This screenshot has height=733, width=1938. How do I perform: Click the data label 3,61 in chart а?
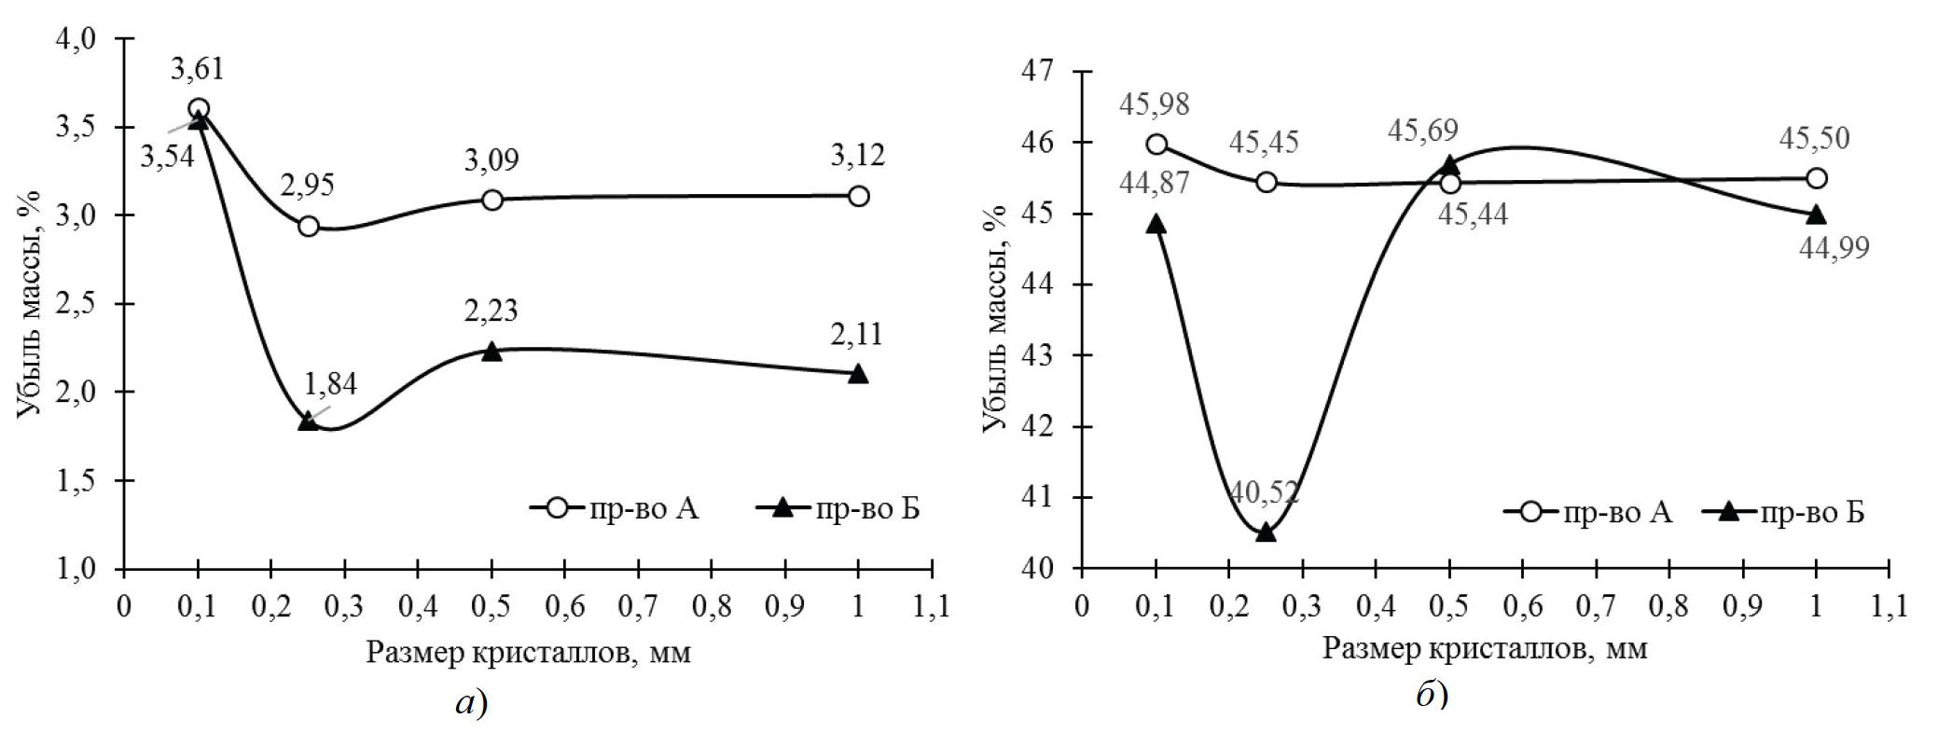tap(198, 68)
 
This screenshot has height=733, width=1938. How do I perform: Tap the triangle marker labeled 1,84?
tap(308, 421)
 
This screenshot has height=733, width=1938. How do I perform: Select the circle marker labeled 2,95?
tap(309, 226)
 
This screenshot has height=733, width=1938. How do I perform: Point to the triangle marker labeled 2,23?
tap(491, 352)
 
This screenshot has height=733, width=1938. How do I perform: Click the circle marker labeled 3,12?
tap(859, 196)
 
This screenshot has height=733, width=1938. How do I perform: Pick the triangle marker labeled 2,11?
tap(859, 373)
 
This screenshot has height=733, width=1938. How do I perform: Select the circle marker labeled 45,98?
tap(1156, 144)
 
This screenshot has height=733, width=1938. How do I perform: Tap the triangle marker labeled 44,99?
tap(1816, 214)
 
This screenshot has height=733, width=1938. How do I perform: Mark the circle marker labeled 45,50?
tap(1817, 178)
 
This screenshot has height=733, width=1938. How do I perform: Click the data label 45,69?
tap(1422, 131)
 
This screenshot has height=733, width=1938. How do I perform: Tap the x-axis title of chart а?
tap(528, 652)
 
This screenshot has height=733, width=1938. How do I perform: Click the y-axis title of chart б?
tap(996, 319)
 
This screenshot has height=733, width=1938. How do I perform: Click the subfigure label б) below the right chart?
tap(1432, 695)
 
